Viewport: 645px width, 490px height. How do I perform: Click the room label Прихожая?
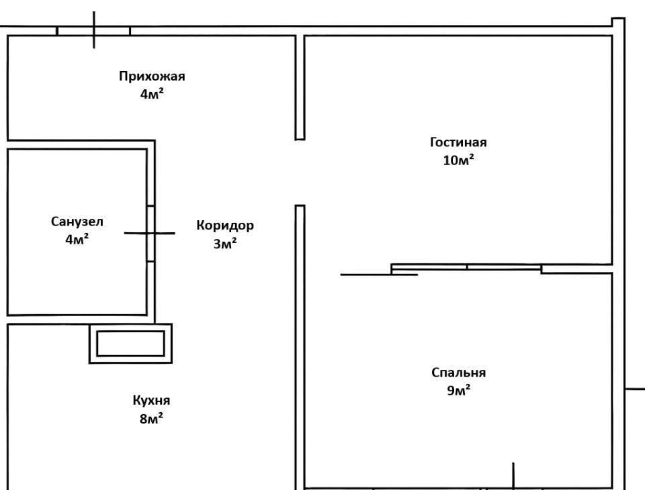(152, 76)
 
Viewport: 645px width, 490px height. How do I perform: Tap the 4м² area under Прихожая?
(152, 94)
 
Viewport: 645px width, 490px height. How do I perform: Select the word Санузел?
(77, 221)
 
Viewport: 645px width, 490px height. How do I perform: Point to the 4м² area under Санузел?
(77, 239)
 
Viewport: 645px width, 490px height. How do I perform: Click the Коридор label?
(225, 225)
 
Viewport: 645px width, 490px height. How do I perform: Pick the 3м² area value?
(225, 244)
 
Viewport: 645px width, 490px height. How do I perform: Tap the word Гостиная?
(458, 142)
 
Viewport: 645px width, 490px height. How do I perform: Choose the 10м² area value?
(458, 160)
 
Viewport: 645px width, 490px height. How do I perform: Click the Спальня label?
(459, 373)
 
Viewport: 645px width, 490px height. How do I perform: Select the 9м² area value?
(459, 391)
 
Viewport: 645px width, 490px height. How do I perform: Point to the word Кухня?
(151, 401)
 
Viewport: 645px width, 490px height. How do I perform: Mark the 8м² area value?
(151, 420)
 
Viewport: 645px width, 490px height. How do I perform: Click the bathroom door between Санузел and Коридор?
(151, 233)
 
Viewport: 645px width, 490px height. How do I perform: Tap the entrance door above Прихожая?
(93, 30)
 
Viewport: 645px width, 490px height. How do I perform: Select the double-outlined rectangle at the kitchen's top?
(130, 343)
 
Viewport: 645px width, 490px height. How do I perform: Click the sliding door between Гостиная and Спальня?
(466, 268)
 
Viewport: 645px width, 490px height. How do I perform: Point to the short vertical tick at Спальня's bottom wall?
(513, 475)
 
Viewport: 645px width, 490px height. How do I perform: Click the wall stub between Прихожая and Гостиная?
(300, 87)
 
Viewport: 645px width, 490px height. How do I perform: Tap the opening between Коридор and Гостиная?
(300, 173)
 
